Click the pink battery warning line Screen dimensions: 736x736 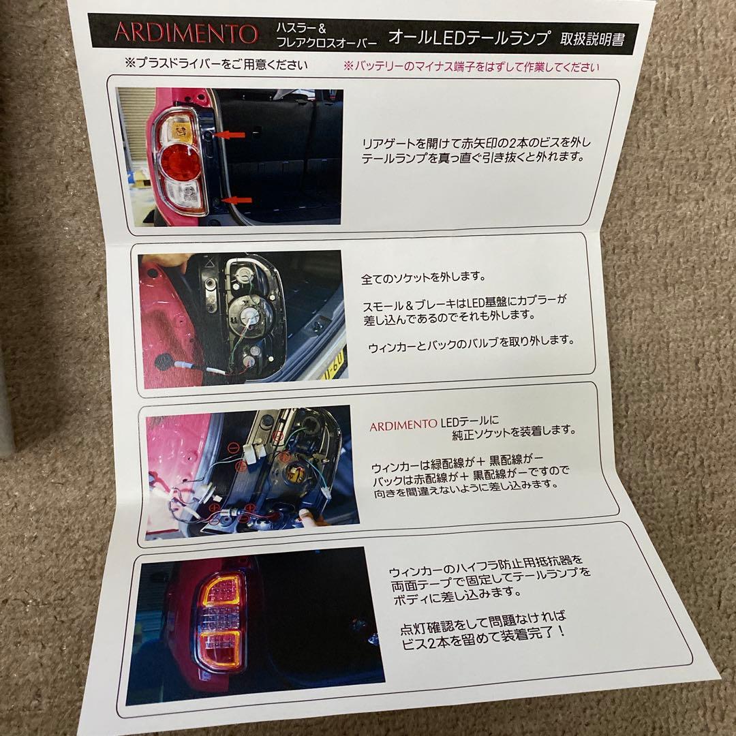point(471,67)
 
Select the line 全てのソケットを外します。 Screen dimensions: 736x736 point(423,278)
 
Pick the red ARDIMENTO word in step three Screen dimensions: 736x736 point(404,427)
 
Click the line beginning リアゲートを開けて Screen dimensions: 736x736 point(477,143)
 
